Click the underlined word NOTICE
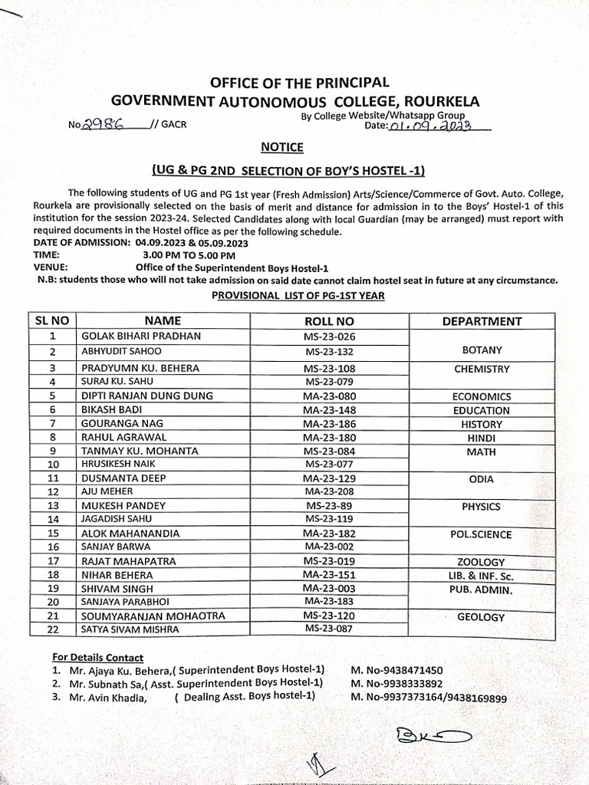282,146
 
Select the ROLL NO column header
329,321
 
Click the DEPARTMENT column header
482,321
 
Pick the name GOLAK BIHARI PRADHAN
141,336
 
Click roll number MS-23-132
329,351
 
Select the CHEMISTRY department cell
482,369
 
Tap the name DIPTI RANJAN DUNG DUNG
146,396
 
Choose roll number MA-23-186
329,423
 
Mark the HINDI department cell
482,438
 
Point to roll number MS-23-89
329,506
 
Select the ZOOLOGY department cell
482,562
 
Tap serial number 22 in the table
53,629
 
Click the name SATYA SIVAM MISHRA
130,629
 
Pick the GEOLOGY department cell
482,616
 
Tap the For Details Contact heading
97,657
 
